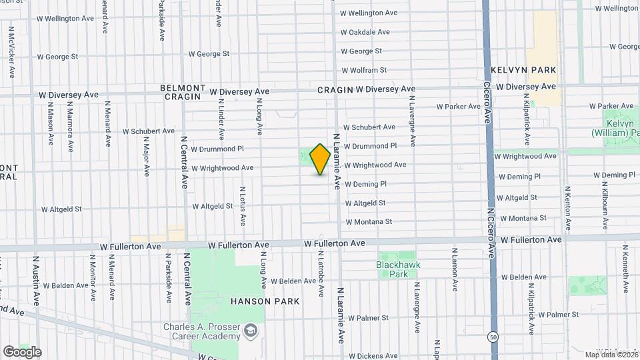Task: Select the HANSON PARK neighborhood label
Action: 265,301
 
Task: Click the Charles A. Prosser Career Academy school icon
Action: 251,331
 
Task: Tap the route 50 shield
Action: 493,336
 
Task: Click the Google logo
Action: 22,352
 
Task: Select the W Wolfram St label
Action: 363,70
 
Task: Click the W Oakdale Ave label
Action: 365,32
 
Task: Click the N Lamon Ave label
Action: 454,274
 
